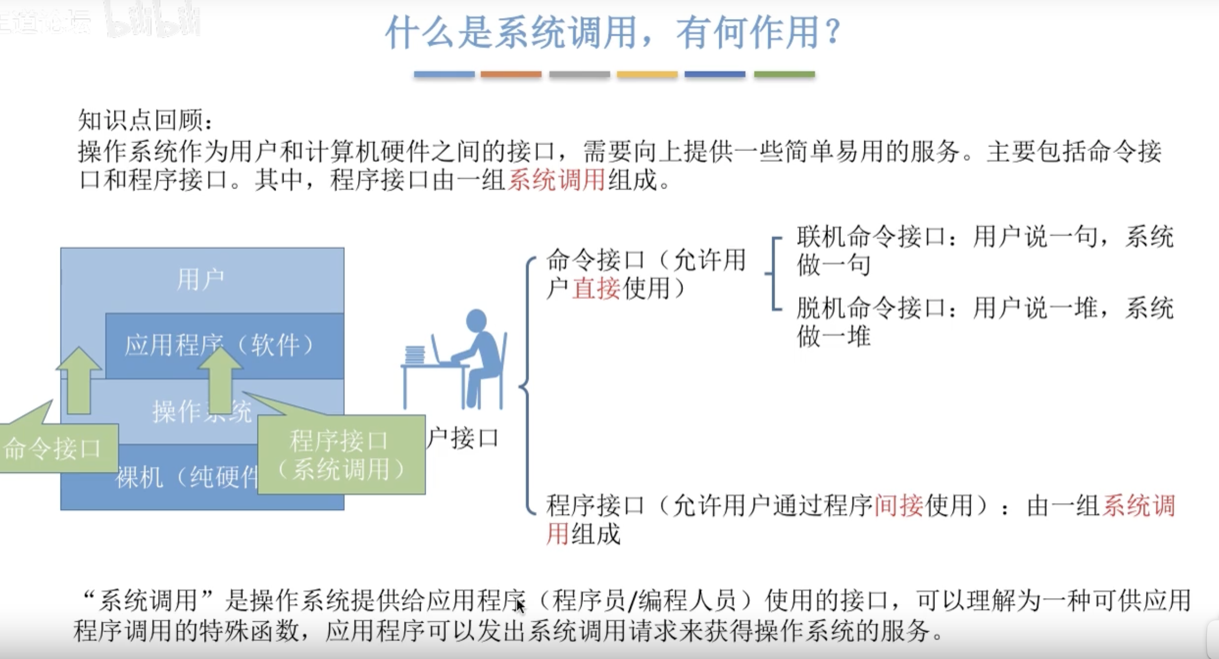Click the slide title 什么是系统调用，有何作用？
point(613,32)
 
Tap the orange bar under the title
point(511,74)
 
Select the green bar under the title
point(784,74)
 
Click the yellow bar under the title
point(647,74)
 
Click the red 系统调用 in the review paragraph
point(556,180)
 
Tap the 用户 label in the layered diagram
point(201,279)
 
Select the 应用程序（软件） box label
point(220,344)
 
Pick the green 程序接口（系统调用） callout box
point(341,455)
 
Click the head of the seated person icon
point(476,320)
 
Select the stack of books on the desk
point(415,355)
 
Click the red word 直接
point(596,288)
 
